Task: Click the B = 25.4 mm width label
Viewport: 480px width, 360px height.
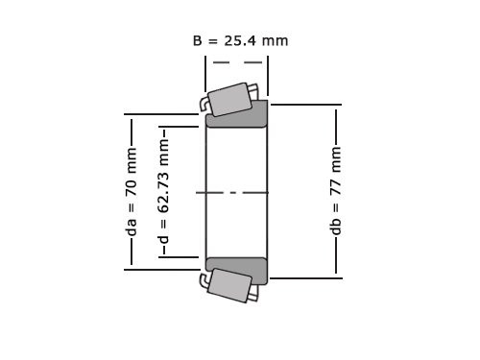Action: point(240,40)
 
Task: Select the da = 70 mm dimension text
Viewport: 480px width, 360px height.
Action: point(132,192)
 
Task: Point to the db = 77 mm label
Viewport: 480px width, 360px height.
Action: point(336,192)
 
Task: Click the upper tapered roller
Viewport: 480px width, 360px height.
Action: point(231,99)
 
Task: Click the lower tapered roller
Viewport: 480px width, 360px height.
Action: point(229,285)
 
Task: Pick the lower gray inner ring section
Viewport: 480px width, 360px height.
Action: point(237,270)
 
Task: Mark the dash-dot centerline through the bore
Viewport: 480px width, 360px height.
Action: point(236,193)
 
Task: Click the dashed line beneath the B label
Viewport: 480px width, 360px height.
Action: point(237,62)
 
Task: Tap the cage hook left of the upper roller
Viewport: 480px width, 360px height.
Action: point(204,103)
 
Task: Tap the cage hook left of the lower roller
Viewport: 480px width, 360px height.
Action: point(204,279)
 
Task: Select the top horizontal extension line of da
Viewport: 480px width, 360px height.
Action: point(163,115)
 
